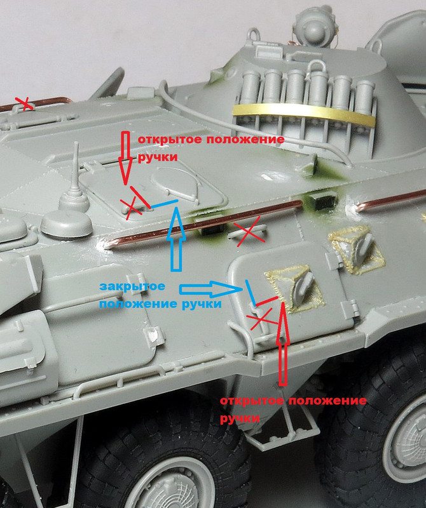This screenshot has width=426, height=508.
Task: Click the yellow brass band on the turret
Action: point(303,111)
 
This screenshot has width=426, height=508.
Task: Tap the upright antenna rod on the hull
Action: point(76,165)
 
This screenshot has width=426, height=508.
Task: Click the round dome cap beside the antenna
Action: point(67,223)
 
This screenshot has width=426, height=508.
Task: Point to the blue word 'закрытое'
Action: point(132,286)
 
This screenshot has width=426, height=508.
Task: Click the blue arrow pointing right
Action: point(210,289)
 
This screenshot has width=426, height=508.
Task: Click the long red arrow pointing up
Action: point(283,344)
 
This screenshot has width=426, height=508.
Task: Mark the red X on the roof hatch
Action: point(132,208)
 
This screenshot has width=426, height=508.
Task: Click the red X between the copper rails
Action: point(249,231)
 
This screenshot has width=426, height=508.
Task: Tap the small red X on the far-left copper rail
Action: point(25,103)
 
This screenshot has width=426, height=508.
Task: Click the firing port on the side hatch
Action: point(295,288)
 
